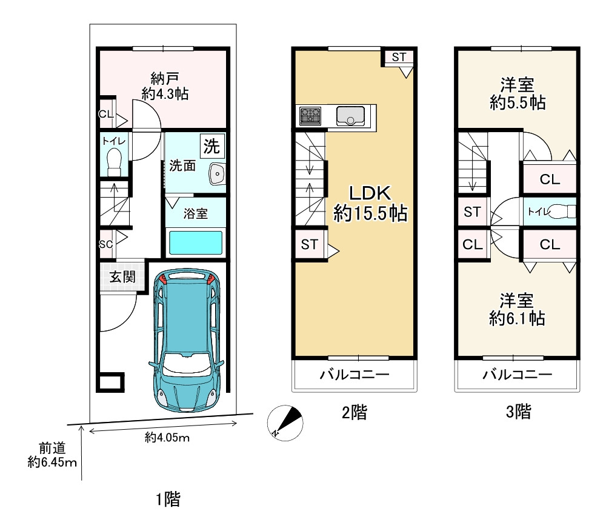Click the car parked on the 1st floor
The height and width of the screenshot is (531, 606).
tap(187, 340)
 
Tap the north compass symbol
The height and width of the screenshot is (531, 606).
tap(285, 422)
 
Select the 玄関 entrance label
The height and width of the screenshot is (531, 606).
tap(122, 276)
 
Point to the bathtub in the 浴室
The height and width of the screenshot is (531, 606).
tap(196, 242)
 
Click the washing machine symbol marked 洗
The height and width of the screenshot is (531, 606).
tap(211, 145)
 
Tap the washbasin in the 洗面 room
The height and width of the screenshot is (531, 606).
tap(217, 174)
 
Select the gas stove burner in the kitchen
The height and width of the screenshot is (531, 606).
tap(310, 116)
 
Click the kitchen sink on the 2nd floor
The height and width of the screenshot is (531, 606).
tap(350, 116)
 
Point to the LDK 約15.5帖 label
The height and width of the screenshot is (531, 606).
tap(370, 203)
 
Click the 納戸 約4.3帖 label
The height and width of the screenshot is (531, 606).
tap(165, 86)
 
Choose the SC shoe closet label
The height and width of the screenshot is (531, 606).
tap(105, 244)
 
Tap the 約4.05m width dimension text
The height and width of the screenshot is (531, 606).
tap(167, 438)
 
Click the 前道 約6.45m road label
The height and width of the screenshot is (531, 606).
tap(52, 455)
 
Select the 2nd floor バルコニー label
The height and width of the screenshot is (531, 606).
tap(355, 375)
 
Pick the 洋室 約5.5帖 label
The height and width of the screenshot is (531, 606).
tap(518, 93)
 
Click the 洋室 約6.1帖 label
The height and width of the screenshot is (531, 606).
tap(517, 310)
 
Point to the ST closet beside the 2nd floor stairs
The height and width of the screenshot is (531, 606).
tap(310, 244)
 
